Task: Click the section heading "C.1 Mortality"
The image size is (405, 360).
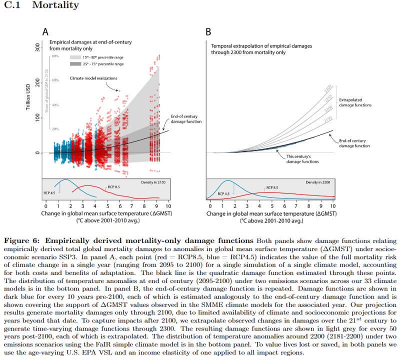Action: point(40,6)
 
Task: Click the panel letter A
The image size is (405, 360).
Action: point(45,32)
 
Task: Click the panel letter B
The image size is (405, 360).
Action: point(209,32)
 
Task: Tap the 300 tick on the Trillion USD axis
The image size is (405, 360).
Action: point(37,45)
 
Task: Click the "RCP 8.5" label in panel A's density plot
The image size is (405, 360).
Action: point(114,186)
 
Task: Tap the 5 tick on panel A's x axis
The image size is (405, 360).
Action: point(107,205)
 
